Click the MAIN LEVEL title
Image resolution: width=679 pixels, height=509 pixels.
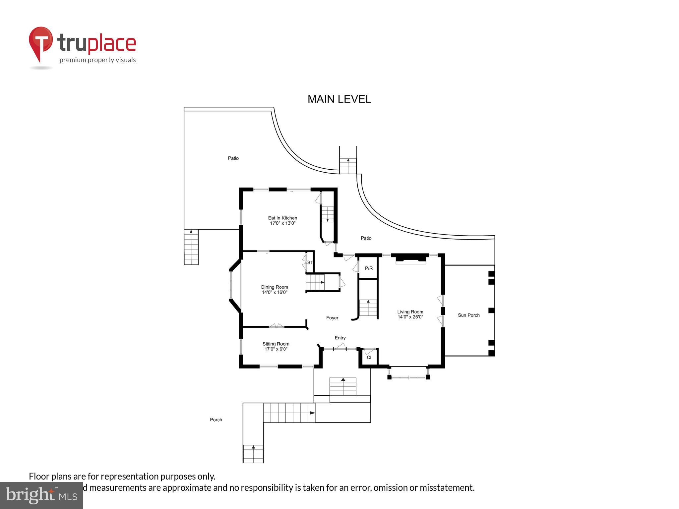click(x=339, y=99)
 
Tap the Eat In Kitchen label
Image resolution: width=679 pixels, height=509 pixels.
click(x=282, y=218)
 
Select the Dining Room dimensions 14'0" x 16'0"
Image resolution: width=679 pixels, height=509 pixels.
click(x=275, y=292)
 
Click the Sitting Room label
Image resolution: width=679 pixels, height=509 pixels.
click(x=276, y=344)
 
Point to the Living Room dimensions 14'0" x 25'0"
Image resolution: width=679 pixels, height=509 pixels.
click(x=410, y=317)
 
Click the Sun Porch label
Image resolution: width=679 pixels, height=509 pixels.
click(x=468, y=315)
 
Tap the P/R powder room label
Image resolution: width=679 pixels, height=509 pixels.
click(x=369, y=268)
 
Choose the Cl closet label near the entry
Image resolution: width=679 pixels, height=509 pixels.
click(x=369, y=358)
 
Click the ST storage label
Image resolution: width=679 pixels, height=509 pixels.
click(x=310, y=262)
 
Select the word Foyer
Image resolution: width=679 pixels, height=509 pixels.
click(x=332, y=318)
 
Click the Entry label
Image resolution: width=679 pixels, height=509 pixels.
click(x=340, y=338)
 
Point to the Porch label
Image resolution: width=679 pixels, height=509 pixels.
click(x=216, y=420)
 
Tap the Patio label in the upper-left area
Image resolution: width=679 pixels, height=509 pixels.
click(x=233, y=158)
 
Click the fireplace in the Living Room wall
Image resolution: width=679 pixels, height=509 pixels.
click(x=410, y=259)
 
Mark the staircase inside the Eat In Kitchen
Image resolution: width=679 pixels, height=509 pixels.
click(x=328, y=214)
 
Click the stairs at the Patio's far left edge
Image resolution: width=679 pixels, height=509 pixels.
click(x=191, y=247)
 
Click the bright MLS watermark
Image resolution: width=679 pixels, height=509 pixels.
click(x=41, y=495)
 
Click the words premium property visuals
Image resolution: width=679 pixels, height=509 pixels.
click(x=97, y=60)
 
